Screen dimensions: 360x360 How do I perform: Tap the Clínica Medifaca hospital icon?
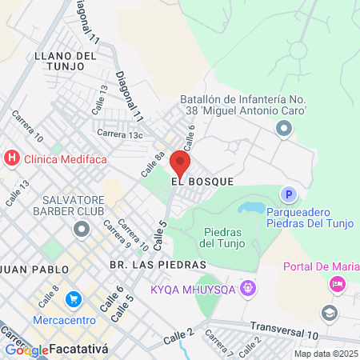coord(12,158)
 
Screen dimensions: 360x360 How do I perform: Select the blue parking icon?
coord(288,194)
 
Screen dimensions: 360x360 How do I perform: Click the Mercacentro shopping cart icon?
coord(74,299)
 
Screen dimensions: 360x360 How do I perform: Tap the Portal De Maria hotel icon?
coord(338,283)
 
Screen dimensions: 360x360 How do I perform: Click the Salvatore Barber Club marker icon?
coord(81,230)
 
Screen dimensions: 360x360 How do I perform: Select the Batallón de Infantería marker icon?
coord(283,128)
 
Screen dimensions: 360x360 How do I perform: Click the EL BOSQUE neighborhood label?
coord(202,182)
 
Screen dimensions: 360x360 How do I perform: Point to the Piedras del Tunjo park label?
coord(218,237)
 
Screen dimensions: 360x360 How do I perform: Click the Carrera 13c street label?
coord(120,134)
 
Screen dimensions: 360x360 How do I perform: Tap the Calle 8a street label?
coord(153,164)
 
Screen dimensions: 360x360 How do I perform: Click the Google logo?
coord(26,350)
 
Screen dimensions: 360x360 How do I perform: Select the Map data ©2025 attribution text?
coord(325,354)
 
